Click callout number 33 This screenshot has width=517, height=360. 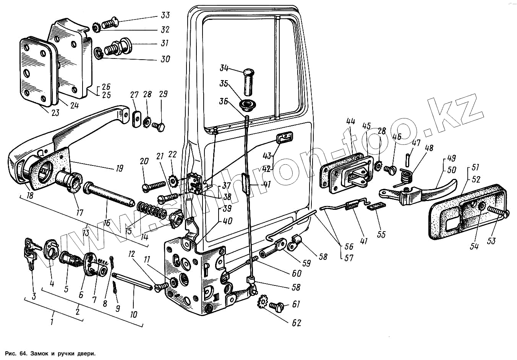tap(165, 16)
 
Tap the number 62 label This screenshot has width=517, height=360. tap(296, 323)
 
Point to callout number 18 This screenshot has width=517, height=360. tap(30, 196)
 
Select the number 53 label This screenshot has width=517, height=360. tap(491, 241)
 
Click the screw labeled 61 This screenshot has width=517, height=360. tap(276, 306)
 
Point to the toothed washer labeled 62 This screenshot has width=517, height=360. tap(263, 302)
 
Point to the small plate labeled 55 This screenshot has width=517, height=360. tap(376, 206)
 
